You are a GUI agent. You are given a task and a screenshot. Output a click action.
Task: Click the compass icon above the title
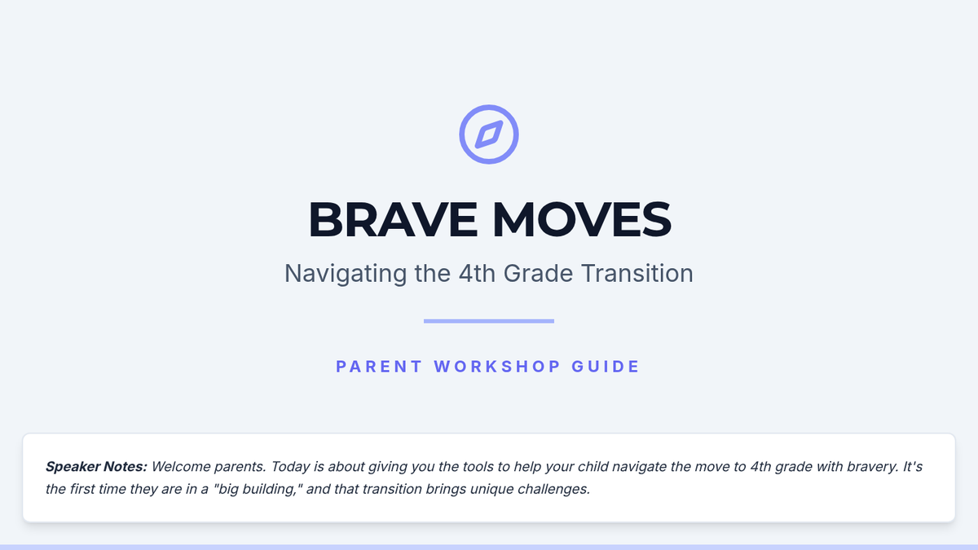[x=489, y=134]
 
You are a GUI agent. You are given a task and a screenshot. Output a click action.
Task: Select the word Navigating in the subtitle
[x=346, y=274]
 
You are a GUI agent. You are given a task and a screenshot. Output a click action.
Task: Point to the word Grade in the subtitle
[x=538, y=273]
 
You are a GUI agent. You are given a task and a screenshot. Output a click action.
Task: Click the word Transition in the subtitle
[x=637, y=273]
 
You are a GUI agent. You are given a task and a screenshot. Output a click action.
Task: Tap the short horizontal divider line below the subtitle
[x=489, y=321]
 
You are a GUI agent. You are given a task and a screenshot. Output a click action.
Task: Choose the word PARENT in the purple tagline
[x=378, y=367]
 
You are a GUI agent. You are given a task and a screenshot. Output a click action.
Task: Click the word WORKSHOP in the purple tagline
[x=497, y=367]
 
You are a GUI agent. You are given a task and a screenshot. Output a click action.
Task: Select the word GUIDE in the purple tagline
[x=606, y=367]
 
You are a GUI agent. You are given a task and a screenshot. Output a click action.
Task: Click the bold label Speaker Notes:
[x=96, y=467]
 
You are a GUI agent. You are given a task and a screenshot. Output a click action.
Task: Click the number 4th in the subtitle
[x=477, y=273]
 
